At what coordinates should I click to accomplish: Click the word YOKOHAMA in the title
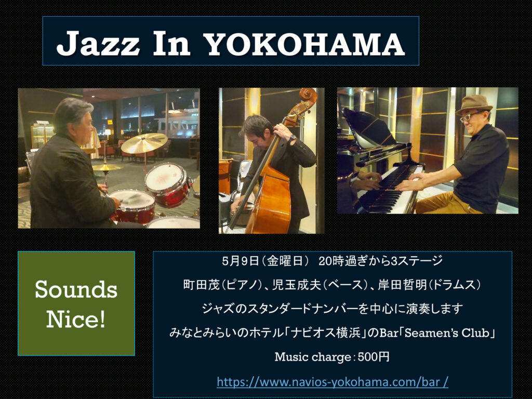pos(305,44)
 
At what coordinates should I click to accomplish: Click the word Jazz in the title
pos(98,44)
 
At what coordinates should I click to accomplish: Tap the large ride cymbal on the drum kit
pos(144,143)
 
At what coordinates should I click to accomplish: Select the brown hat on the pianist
pos(474,103)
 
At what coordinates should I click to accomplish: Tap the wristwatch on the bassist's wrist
pos(291,138)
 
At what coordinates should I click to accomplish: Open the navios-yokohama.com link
pos(332,382)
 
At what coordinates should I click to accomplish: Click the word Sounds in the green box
pos(76,290)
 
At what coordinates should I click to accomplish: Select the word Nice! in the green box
pos(76,319)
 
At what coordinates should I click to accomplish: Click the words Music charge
pos(313,357)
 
